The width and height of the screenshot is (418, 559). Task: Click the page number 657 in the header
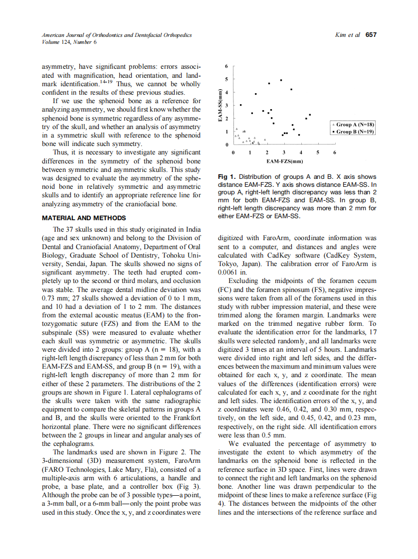click(x=371, y=35)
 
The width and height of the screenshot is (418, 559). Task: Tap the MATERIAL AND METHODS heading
click(x=84, y=218)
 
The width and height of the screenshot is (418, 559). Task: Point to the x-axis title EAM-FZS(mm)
click(x=284, y=161)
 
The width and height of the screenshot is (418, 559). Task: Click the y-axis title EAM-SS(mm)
click(x=220, y=106)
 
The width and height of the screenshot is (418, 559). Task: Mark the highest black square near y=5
click(x=281, y=80)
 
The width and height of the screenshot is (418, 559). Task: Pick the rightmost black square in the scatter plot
click(x=310, y=115)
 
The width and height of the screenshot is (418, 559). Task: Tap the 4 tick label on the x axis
click(x=300, y=152)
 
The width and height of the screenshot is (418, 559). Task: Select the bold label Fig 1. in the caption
click(x=227, y=177)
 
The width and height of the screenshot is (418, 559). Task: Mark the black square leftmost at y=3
click(x=241, y=105)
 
